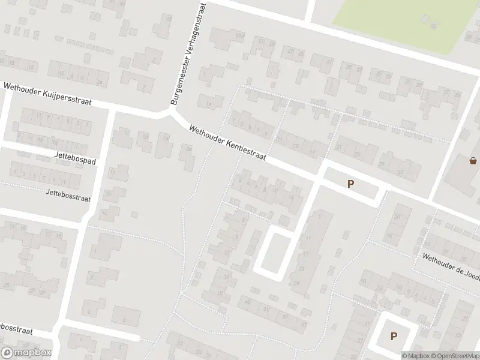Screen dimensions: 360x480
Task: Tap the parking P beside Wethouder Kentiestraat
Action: coord(350,185)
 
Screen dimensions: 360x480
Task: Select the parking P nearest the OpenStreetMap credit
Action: coord(394,337)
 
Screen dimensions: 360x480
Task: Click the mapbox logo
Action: coord(26,353)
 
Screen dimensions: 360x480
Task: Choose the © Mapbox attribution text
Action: coord(418,355)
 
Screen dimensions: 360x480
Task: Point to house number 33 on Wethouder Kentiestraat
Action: coord(401,173)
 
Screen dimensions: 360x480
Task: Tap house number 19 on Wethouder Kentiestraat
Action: coord(313,152)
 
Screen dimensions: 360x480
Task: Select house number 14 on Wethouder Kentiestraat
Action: coord(292,197)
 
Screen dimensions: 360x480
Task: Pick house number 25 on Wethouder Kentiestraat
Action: coord(358,154)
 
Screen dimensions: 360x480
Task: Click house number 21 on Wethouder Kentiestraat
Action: coord(339,146)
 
